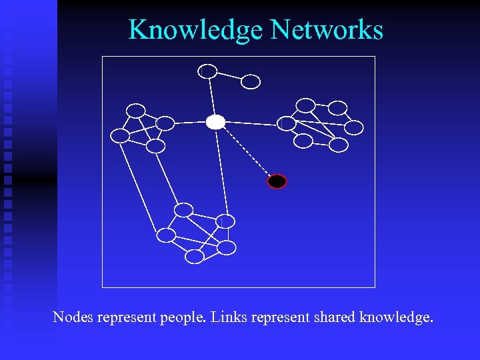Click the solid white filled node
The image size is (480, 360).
point(215,122)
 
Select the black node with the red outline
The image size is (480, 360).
point(277,181)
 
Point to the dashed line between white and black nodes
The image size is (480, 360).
point(246,152)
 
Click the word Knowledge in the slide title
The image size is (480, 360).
point(196,30)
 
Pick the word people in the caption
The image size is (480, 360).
point(182,318)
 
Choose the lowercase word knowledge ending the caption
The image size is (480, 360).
point(396,318)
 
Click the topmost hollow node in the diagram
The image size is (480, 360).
point(208,71)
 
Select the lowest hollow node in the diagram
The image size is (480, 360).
point(194,256)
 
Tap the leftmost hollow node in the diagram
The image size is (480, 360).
point(120,136)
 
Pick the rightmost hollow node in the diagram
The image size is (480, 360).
point(354,127)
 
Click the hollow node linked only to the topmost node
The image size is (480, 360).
point(250,81)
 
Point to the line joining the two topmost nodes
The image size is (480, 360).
point(229,76)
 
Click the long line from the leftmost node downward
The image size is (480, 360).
point(138,183)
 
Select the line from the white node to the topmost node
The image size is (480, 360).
point(212,97)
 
